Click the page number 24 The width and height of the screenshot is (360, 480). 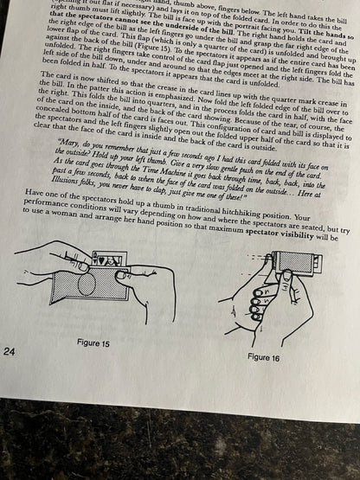point(10,351)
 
